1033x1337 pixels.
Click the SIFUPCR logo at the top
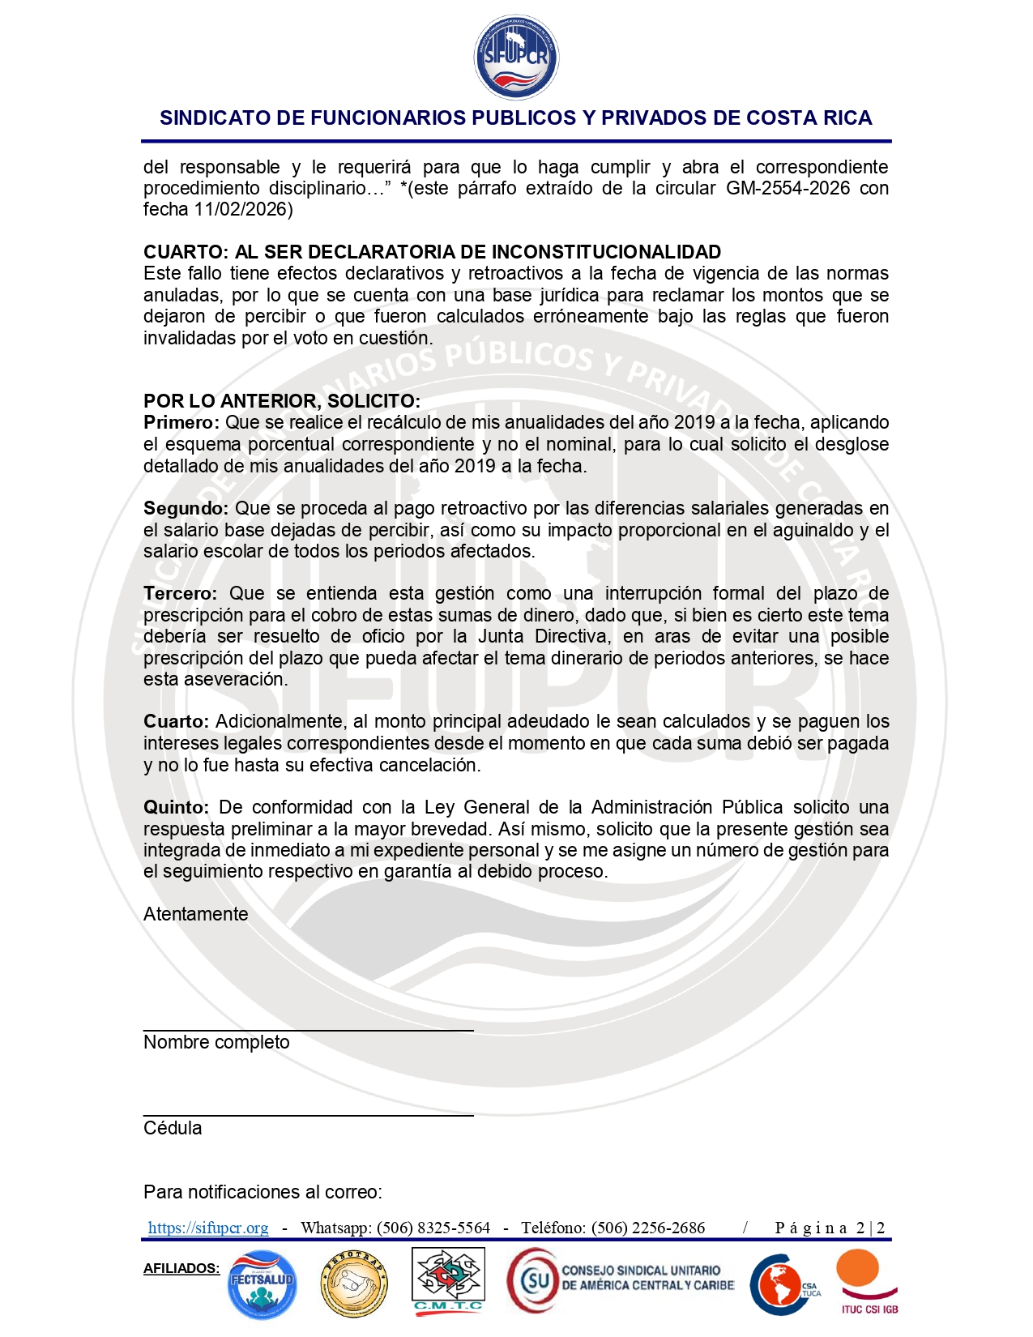(x=516, y=58)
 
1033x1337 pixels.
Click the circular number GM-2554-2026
(x=788, y=188)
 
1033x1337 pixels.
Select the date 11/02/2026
(x=240, y=209)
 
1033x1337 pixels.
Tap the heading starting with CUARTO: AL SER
(x=432, y=252)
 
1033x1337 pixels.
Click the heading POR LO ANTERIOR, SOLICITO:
(x=282, y=401)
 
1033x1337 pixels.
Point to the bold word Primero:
(x=181, y=422)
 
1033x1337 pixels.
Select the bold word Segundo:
(x=186, y=508)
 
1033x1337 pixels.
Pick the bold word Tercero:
(x=180, y=593)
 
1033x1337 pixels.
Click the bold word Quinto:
(x=177, y=807)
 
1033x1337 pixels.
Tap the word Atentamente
(x=196, y=914)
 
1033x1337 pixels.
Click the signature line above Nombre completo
(x=308, y=1030)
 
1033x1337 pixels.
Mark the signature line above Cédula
(x=308, y=1116)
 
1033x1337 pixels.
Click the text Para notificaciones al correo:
(x=263, y=1192)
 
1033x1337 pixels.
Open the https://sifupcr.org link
(x=208, y=1228)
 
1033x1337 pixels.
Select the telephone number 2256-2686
(x=664, y=1228)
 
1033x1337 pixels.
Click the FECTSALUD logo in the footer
(x=262, y=1284)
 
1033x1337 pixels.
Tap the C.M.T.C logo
(x=448, y=1279)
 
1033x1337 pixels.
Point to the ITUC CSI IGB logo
(x=868, y=1280)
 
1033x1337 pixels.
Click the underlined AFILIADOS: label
(x=181, y=1268)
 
